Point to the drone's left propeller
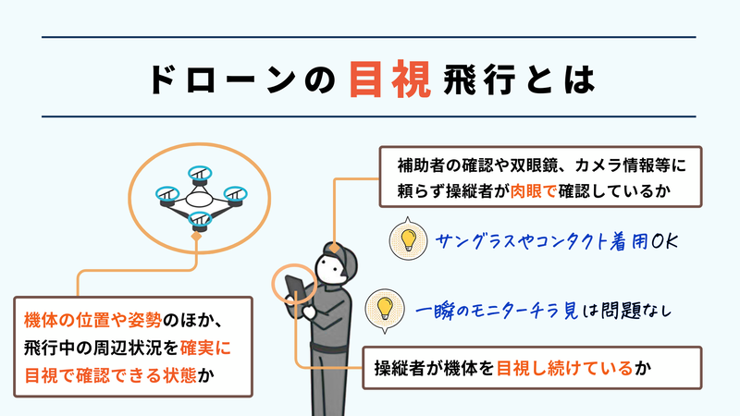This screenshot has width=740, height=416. tap(166, 194)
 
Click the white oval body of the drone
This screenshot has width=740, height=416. tap(200, 198)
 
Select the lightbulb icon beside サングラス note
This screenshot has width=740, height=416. tap(406, 239)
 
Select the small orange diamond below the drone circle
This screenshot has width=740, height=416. tap(195, 239)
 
